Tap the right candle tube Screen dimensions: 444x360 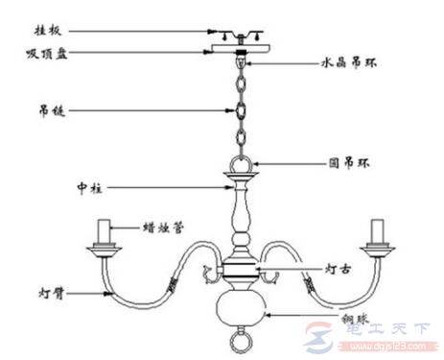point(376,232)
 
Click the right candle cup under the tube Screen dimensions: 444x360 point(376,252)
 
